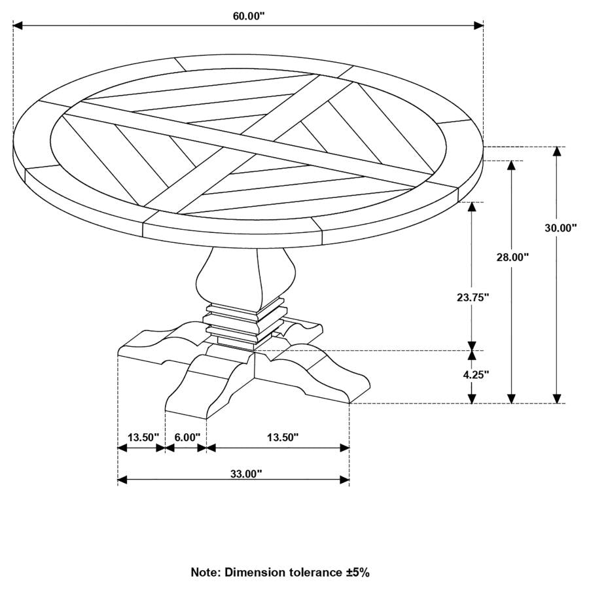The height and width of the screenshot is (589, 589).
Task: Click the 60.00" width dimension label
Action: click(x=248, y=16)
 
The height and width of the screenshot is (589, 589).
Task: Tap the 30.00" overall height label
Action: click(x=560, y=228)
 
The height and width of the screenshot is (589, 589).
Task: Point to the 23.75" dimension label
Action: click(x=473, y=296)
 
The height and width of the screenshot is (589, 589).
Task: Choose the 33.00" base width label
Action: click(x=246, y=473)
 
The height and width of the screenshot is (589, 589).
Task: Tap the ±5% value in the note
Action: click(x=357, y=572)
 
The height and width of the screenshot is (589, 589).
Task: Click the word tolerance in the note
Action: click(x=312, y=572)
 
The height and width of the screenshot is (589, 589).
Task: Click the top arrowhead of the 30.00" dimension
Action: click(x=557, y=152)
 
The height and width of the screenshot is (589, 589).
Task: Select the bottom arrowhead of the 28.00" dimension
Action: click(x=512, y=398)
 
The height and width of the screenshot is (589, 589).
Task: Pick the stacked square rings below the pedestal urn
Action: click(x=245, y=322)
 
